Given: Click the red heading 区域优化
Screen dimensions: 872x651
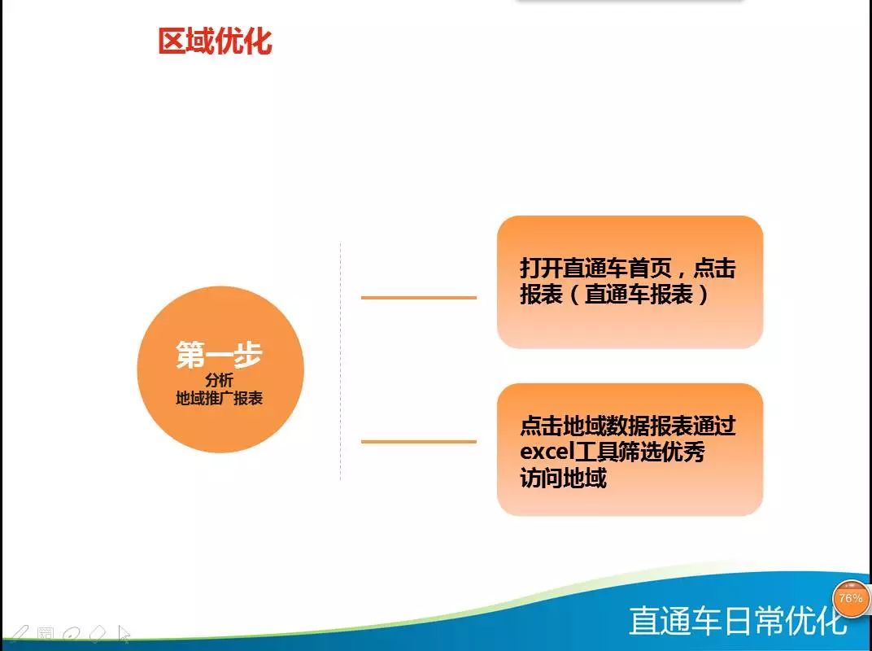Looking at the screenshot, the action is pyautogui.click(x=216, y=42).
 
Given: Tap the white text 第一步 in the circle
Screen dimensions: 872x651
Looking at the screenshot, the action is pyautogui.click(x=219, y=355).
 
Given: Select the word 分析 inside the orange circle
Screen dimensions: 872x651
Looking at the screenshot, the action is pyautogui.click(x=219, y=380).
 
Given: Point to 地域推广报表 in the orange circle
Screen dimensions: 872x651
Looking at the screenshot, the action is pyautogui.click(x=219, y=399).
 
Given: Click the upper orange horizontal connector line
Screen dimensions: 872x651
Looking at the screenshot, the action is pyautogui.click(x=419, y=298).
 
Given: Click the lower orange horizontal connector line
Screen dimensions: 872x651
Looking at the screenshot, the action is pyautogui.click(x=419, y=442).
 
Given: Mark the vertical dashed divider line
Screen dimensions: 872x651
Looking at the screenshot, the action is pyautogui.click(x=340, y=361).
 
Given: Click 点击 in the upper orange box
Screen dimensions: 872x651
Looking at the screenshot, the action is pyautogui.click(x=715, y=269).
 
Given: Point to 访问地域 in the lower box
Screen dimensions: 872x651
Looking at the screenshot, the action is pyautogui.click(x=564, y=478).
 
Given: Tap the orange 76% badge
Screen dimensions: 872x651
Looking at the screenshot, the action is pyautogui.click(x=850, y=599).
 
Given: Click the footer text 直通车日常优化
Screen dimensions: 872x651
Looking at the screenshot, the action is pyautogui.click(x=738, y=620).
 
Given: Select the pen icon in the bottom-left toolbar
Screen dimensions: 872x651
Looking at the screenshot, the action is pyautogui.click(x=20, y=633).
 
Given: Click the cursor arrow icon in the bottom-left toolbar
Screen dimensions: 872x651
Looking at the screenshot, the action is pyautogui.click(x=124, y=634).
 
